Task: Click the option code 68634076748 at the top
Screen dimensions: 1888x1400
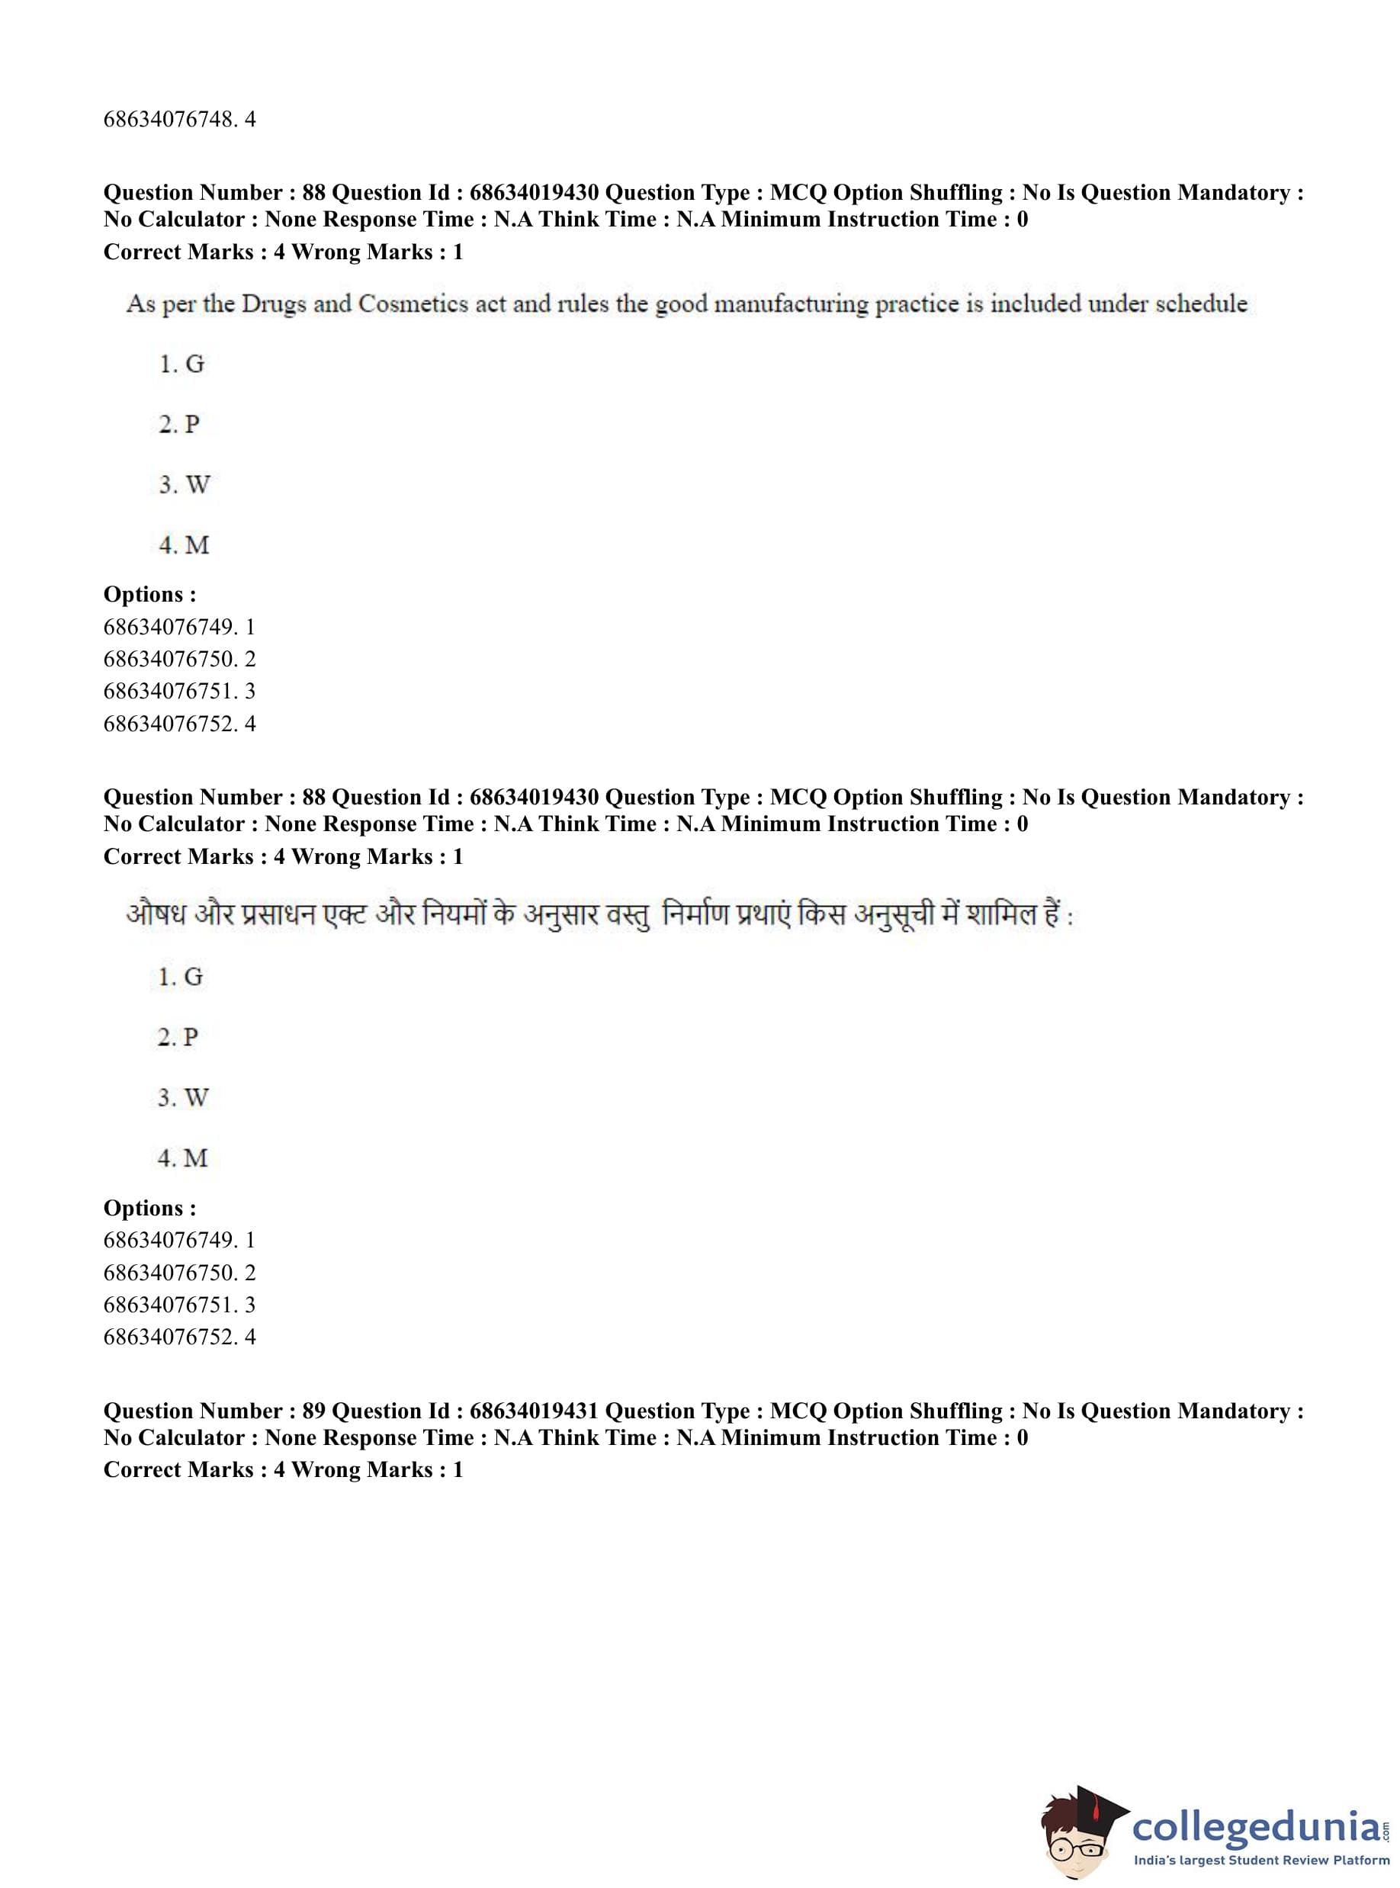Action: coord(169,120)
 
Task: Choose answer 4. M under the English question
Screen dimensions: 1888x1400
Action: coord(184,545)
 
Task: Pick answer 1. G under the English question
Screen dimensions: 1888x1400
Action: coord(181,364)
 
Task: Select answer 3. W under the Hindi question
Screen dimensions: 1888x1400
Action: coord(183,1097)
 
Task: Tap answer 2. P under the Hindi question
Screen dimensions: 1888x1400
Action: coord(179,1037)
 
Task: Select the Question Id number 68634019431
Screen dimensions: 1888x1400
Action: coord(534,1411)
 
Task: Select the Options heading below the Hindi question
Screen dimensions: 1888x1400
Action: coord(149,1208)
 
